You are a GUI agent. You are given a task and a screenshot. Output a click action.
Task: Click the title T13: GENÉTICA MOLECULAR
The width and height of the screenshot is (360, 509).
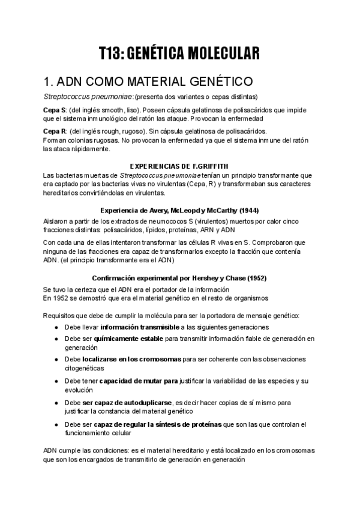[x=179, y=53]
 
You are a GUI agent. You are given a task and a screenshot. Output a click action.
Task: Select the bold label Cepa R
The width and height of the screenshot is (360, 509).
[x=55, y=131]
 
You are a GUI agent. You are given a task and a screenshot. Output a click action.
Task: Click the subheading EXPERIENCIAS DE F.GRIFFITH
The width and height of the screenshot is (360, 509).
[x=179, y=165]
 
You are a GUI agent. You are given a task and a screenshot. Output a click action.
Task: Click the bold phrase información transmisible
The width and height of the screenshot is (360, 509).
[x=139, y=327]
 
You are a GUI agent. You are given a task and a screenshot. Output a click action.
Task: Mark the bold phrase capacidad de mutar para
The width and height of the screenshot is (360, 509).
[x=139, y=381]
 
